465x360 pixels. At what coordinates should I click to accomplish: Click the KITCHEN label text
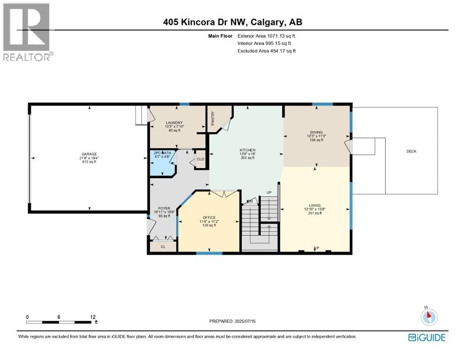pos(247,150)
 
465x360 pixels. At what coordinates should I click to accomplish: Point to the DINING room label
pos(316,132)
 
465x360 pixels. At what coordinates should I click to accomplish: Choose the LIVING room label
pos(315,205)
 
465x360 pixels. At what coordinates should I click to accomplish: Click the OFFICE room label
pos(209,217)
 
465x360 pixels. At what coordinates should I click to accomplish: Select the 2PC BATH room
pos(161,153)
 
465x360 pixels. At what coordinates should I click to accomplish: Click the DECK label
pos(411,151)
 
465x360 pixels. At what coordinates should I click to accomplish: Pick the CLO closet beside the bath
pos(200,159)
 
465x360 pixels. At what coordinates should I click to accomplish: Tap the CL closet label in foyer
pos(163,246)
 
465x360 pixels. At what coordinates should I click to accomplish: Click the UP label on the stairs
pos(269,193)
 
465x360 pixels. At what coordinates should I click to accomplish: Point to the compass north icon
pos(428,317)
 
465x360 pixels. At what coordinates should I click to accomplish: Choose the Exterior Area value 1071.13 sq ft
pos(279,36)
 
